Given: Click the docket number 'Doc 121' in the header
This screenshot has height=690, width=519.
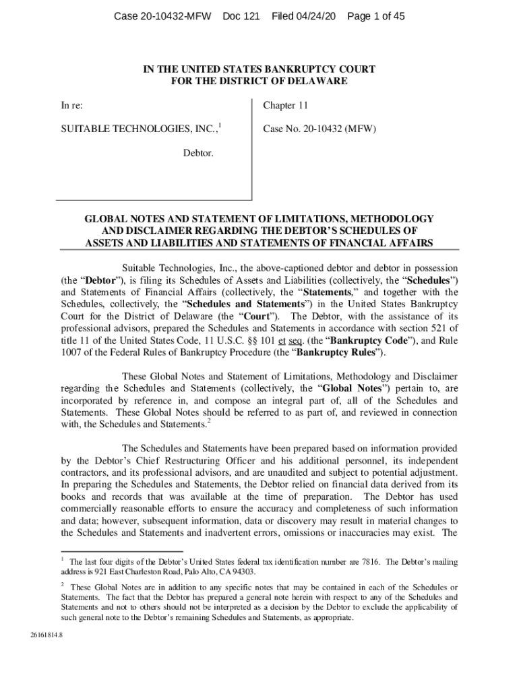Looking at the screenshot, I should (241, 16).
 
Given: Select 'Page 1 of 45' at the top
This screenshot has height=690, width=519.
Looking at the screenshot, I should (376, 16).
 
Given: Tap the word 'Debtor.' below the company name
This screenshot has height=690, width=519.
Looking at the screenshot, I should (198, 154).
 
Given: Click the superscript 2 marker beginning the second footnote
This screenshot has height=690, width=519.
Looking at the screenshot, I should (63, 584).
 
